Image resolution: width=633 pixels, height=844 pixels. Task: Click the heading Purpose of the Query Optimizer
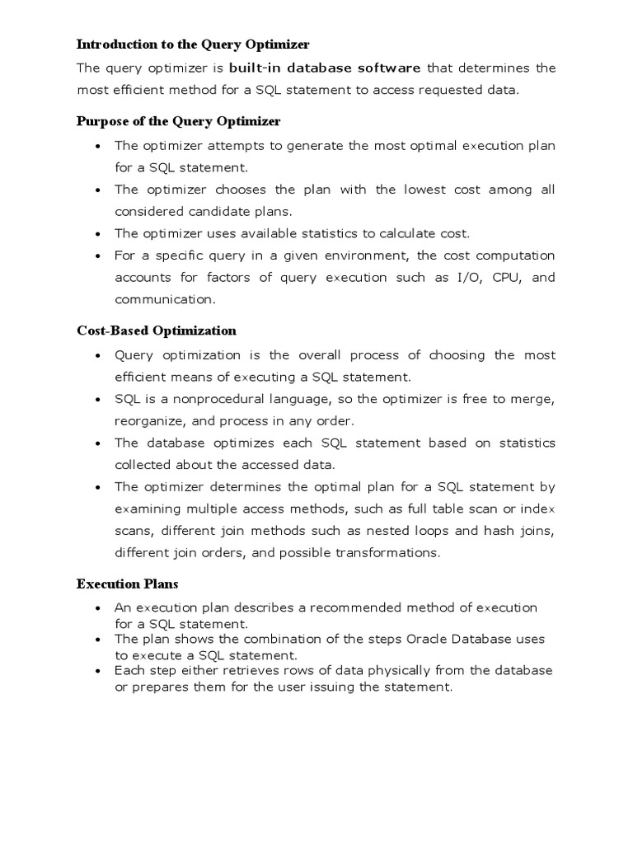(x=178, y=121)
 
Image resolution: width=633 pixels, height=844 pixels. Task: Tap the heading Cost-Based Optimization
(x=157, y=331)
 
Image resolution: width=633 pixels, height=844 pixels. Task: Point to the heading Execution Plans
(x=127, y=584)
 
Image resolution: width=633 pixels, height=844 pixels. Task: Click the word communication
(x=163, y=299)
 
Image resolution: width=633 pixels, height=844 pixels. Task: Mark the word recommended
(x=358, y=607)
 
